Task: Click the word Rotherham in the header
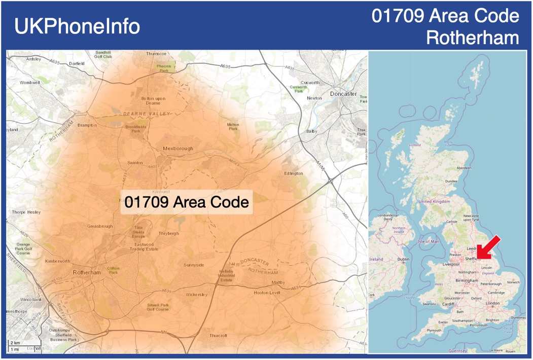click(473, 38)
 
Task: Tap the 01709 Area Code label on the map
click(187, 202)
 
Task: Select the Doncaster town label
click(343, 94)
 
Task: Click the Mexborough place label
click(178, 149)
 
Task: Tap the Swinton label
click(135, 163)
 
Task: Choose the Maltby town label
click(279, 282)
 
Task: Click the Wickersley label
click(197, 294)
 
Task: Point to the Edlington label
click(293, 173)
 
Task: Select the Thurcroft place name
click(219, 336)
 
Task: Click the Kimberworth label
click(57, 261)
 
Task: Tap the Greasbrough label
click(100, 226)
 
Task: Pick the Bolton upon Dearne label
click(153, 100)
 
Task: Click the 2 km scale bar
click(15, 344)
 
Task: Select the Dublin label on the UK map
click(404, 260)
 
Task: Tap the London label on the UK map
click(492, 303)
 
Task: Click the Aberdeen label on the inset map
click(464, 167)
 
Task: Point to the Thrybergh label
click(169, 233)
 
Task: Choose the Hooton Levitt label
click(267, 293)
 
